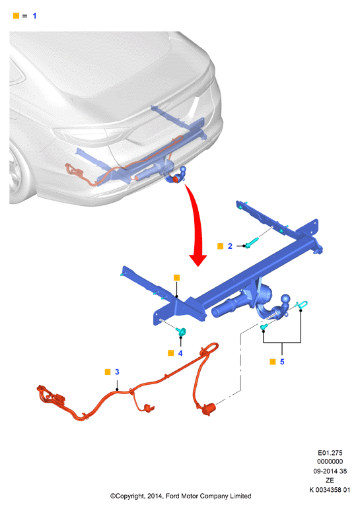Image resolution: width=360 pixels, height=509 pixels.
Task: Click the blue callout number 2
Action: pos(230,246)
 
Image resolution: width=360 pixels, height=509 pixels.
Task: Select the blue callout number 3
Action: pos(117,372)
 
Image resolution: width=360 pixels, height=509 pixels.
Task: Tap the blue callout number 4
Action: pos(180,353)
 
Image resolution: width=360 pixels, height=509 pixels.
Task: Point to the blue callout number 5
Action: pos(282,362)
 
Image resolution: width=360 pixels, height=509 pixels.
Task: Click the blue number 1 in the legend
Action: pos(34,16)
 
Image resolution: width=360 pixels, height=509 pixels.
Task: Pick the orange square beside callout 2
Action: pos(220,246)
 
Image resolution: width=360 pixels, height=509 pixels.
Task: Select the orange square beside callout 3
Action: pos(108,372)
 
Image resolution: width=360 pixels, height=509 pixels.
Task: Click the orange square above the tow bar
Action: pos(177,277)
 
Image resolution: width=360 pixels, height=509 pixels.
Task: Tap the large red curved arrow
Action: pos(197,224)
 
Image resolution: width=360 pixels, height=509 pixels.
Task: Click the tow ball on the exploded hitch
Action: pos(285,298)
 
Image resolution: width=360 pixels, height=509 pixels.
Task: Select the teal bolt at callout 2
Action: pos(252,242)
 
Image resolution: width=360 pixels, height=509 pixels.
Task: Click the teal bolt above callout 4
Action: pos(180,332)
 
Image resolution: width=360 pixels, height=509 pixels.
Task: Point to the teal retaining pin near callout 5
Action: pos(302,304)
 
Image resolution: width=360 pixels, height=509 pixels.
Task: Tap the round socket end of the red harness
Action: pos(209,409)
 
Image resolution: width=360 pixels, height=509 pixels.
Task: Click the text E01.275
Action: pos(330,453)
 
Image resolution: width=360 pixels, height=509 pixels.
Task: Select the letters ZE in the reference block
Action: pos(330,480)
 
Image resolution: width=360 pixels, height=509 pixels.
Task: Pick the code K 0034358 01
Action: pos(330,490)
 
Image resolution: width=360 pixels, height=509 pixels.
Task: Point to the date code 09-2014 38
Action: pos(330,471)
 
